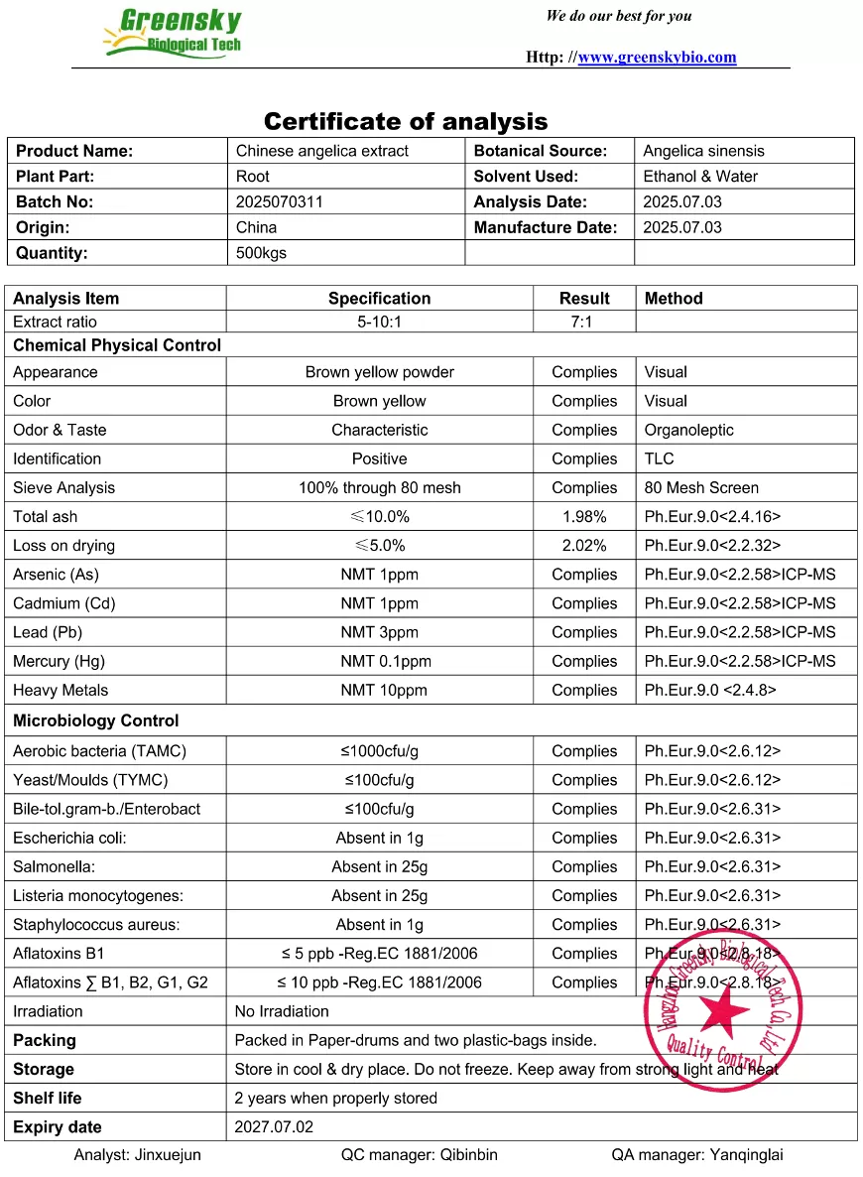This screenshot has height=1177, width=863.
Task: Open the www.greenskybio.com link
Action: tap(657, 57)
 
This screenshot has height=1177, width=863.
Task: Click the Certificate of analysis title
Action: tap(406, 122)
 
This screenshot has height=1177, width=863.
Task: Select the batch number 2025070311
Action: tap(280, 201)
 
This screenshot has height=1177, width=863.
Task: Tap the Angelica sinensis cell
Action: tap(703, 151)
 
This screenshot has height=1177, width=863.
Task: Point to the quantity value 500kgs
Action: tap(261, 253)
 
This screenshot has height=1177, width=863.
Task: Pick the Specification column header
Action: tap(379, 299)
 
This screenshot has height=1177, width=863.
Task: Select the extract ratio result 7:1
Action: tap(583, 322)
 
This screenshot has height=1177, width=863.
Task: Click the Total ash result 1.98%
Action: tap(583, 517)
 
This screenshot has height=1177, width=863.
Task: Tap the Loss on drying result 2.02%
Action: tap(583, 546)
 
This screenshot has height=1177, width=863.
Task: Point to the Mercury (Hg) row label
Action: tap(59, 661)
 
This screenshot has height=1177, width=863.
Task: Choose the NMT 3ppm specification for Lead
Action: tap(379, 632)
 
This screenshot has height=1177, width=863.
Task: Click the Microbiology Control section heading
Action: tap(96, 720)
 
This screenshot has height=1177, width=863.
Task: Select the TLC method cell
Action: tap(659, 458)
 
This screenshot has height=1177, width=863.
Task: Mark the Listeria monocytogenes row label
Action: tap(98, 896)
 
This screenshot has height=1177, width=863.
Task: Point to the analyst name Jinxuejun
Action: tap(137, 1155)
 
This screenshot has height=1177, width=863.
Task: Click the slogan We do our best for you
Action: tap(619, 16)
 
